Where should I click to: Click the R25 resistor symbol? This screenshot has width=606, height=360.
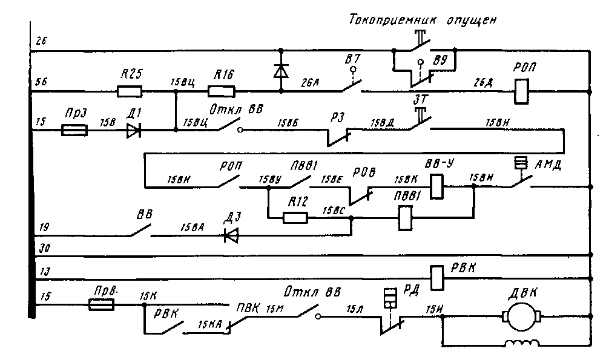point(129,92)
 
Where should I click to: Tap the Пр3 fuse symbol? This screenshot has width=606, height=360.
point(74,130)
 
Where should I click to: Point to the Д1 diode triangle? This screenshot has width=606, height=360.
point(134,130)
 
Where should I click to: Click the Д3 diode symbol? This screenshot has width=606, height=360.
point(231,235)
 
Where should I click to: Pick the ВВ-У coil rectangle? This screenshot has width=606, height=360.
point(437,187)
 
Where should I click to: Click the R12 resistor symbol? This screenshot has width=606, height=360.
point(295,217)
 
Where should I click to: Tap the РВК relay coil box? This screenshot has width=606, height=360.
point(437,278)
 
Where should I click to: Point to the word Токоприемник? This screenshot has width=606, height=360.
point(388,19)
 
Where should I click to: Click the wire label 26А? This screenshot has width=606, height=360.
point(313,85)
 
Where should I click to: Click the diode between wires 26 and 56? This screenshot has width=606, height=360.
point(280,71)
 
